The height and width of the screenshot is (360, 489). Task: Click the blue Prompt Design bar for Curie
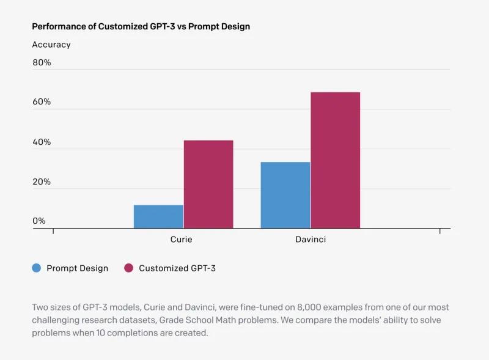[x=158, y=217]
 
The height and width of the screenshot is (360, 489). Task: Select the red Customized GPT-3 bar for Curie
[x=208, y=185]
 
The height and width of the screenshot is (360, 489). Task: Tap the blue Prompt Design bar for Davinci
[x=285, y=196]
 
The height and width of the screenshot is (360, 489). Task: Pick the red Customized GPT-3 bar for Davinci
[x=335, y=160]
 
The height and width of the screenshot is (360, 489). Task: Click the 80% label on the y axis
[x=42, y=62]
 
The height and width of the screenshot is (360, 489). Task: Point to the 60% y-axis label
[x=42, y=102]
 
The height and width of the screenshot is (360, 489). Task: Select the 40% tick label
[x=42, y=142]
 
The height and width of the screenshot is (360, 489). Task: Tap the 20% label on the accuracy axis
[x=42, y=182]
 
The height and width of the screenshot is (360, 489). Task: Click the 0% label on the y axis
[x=39, y=221]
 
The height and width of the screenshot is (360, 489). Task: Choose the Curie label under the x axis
[x=181, y=240]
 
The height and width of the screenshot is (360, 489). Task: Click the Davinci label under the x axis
[x=311, y=240]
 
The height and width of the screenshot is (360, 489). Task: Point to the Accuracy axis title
[x=51, y=45]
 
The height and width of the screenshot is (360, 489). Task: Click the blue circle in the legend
[x=37, y=268]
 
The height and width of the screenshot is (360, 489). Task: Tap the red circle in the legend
[x=128, y=268]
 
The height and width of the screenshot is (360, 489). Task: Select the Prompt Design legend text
[x=77, y=268]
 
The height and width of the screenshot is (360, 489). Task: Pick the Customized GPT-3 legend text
[x=177, y=268]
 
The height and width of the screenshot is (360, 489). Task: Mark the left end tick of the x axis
[x=53, y=231]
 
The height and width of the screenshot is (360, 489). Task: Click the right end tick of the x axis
[x=440, y=231]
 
